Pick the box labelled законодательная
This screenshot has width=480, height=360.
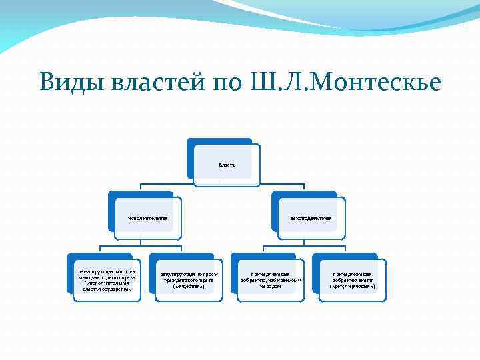(311, 217)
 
